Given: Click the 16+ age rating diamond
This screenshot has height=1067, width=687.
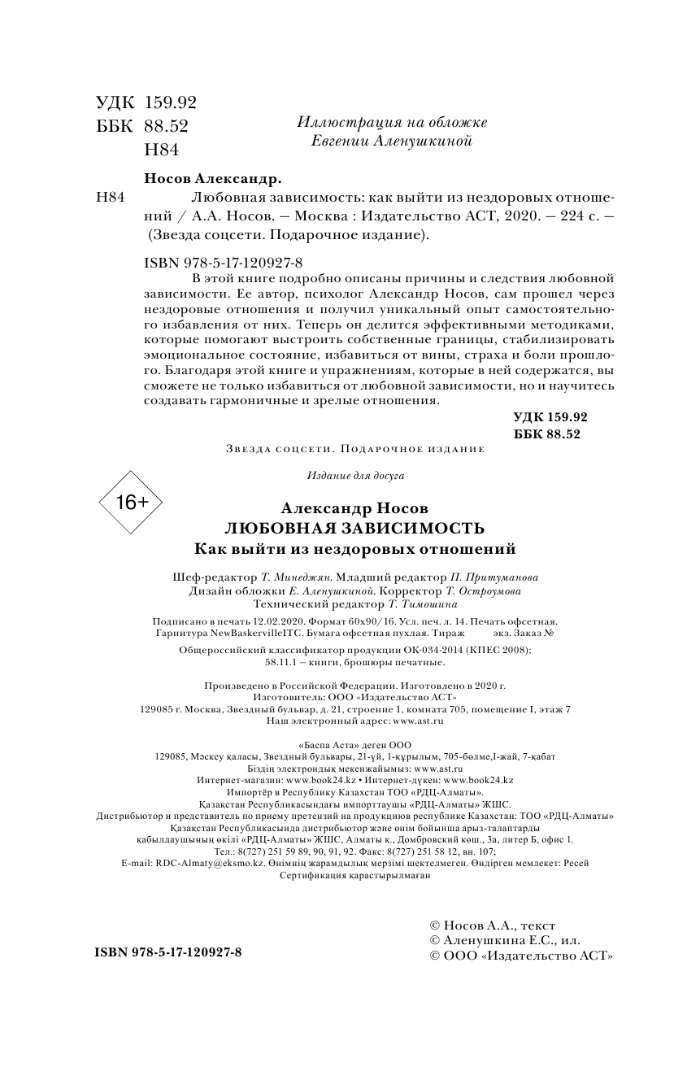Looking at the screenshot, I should click(x=131, y=503).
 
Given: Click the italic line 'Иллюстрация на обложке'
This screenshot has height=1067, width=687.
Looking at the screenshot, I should click(x=392, y=122).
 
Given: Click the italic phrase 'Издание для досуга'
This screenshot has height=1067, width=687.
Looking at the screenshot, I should click(x=355, y=475).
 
